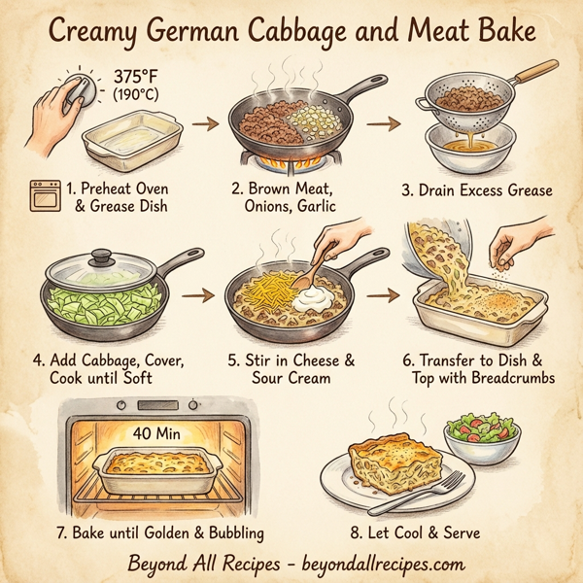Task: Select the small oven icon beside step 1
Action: pyautogui.click(x=44, y=196)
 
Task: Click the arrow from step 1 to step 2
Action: pyautogui.click(x=203, y=124)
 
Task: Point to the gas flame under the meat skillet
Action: pyautogui.click(x=292, y=155)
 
